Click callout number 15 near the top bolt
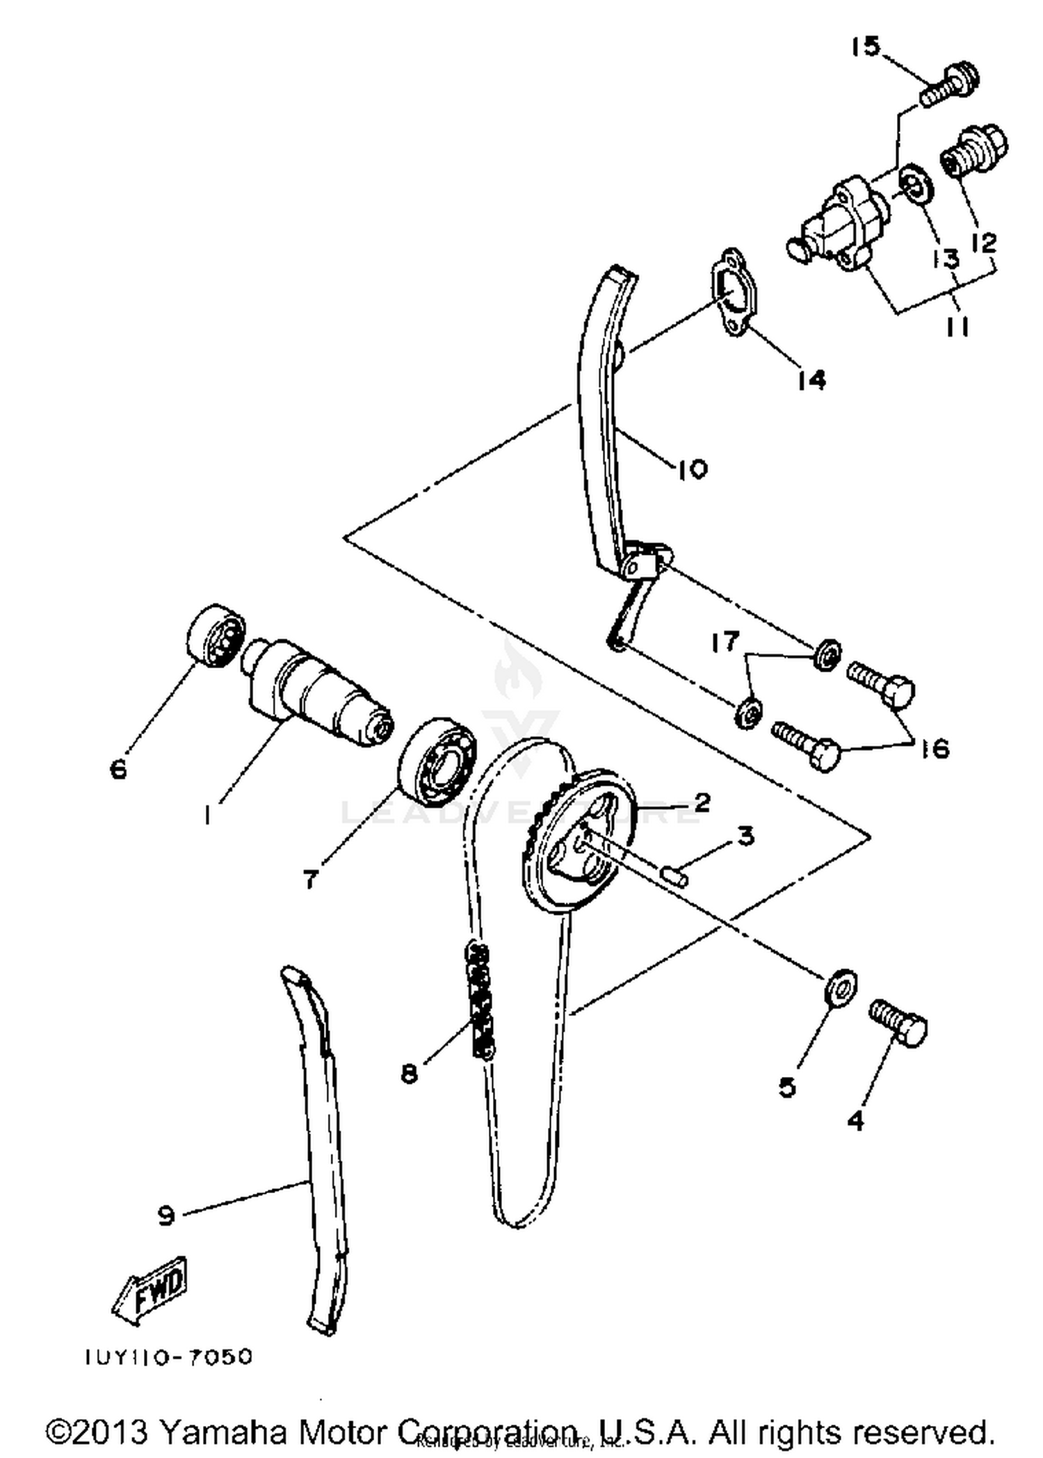(x=866, y=47)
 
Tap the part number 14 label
(x=811, y=380)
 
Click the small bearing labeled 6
(x=215, y=634)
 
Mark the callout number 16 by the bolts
(x=935, y=748)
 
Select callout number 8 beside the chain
(x=409, y=1074)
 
